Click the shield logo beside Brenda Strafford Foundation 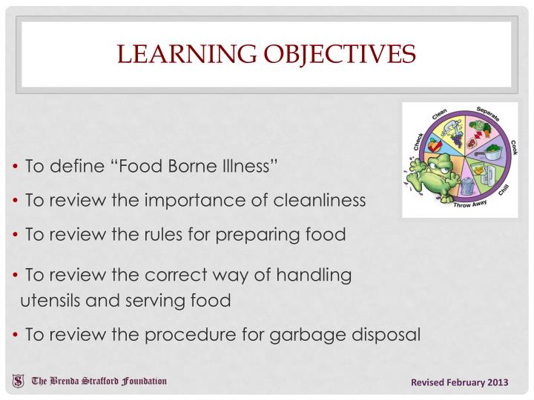pyautogui.click(x=17, y=381)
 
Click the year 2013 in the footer pyautogui.click(x=496, y=382)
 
